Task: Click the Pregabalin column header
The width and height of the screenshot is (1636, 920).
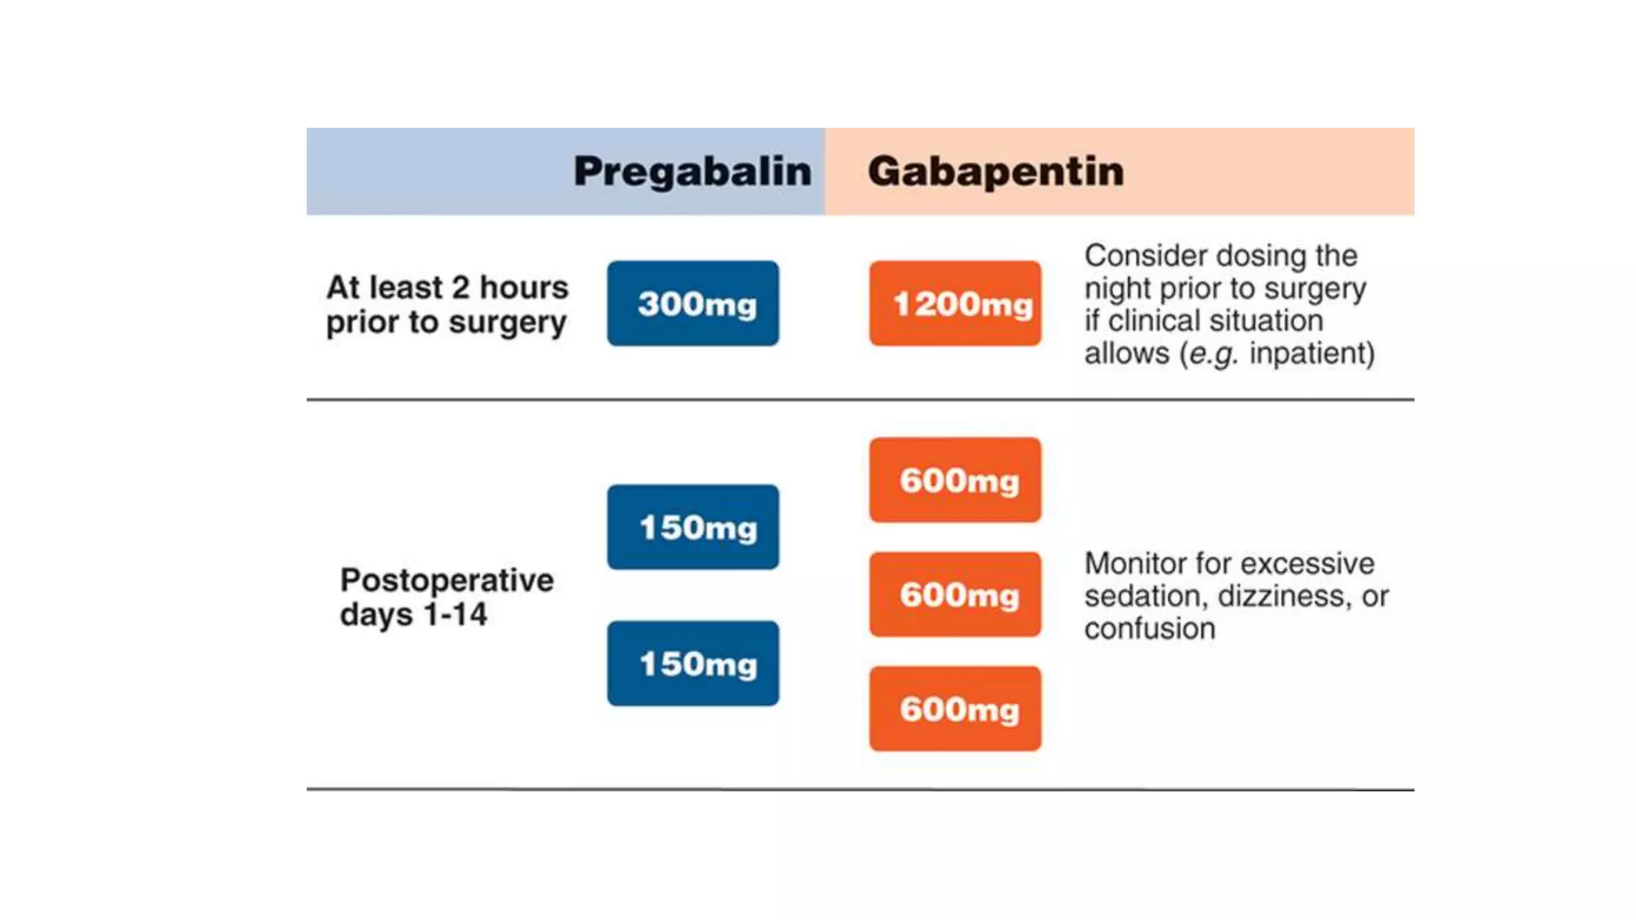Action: point(692,172)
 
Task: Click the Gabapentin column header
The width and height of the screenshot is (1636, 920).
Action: point(995,172)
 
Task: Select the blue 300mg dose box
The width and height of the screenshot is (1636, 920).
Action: point(693,303)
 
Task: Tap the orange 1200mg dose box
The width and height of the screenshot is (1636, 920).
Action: point(955,303)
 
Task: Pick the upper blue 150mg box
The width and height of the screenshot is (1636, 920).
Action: point(693,527)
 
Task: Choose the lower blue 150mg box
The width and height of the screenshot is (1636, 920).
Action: point(693,664)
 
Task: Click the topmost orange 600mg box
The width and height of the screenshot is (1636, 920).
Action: point(955,480)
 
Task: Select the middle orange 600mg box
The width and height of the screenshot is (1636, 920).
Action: point(955,594)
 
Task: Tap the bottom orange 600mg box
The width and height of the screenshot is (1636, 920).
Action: point(955,709)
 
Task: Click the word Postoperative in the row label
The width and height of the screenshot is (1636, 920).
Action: point(447,581)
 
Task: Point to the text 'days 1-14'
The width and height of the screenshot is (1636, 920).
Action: point(413,615)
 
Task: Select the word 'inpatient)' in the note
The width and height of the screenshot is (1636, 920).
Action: point(1312,353)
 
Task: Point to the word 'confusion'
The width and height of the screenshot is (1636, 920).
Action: point(1150,629)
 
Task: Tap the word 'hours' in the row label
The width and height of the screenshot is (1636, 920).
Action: point(523,287)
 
